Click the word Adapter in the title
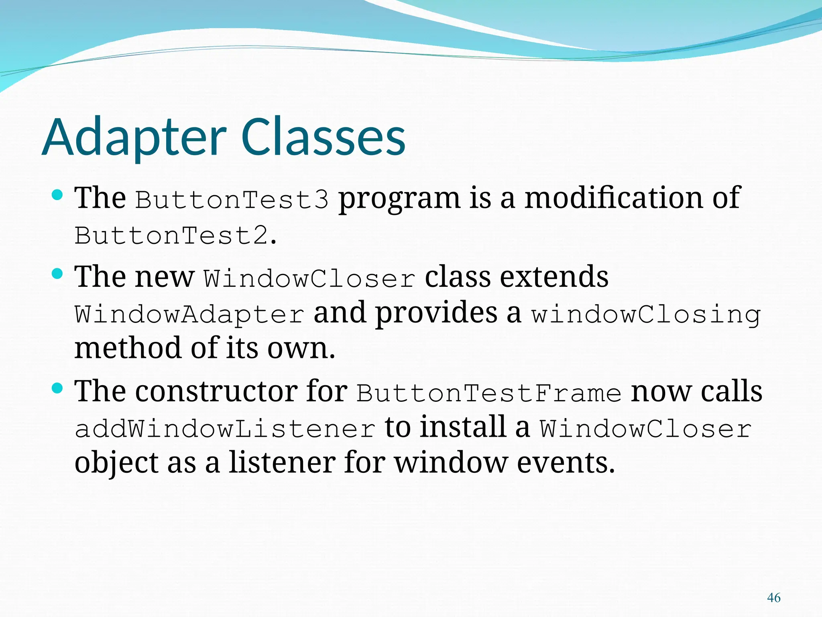pyautogui.click(x=134, y=137)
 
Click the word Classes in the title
pyautogui.click(x=323, y=137)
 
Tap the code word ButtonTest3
pyautogui.click(x=232, y=200)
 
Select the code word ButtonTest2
pyautogui.click(x=171, y=236)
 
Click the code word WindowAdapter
pyautogui.click(x=189, y=314)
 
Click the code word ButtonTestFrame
pyautogui.click(x=489, y=393)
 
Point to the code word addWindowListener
pyautogui.click(x=225, y=429)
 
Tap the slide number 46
pyautogui.click(x=773, y=597)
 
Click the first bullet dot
pyautogui.click(x=58, y=196)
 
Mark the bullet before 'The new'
pyautogui.click(x=58, y=274)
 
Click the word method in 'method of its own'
pyautogui.click(x=128, y=348)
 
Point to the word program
pyautogui.click(x=399, y=199)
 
